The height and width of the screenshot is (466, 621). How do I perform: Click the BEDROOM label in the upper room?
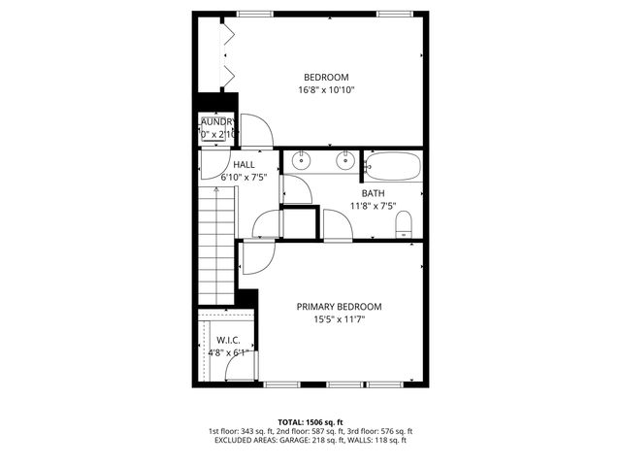[x=326, y=78]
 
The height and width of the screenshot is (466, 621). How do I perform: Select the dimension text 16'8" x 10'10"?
[x=326, y=90]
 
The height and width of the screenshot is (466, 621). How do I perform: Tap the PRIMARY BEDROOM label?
[x=339, y=307]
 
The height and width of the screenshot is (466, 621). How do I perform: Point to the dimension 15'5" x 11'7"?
[x=339, y=319]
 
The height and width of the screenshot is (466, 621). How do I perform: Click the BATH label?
[x=374, y=193]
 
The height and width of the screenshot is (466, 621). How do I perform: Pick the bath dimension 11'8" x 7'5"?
[x=374, y=206]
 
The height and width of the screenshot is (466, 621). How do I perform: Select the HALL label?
[x=244, y=165]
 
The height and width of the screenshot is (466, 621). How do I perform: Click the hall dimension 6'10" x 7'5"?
[x=244, y=178]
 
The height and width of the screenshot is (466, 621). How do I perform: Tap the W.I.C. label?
[x=228, y=340]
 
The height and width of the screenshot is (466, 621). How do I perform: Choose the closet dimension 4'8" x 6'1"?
[x=228, y=352]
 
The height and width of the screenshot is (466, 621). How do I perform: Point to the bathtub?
[x=393, y=166]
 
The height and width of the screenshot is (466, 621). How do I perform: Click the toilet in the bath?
[x=406, y=226]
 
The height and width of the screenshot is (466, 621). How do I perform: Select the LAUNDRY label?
[x=217, y=121]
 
